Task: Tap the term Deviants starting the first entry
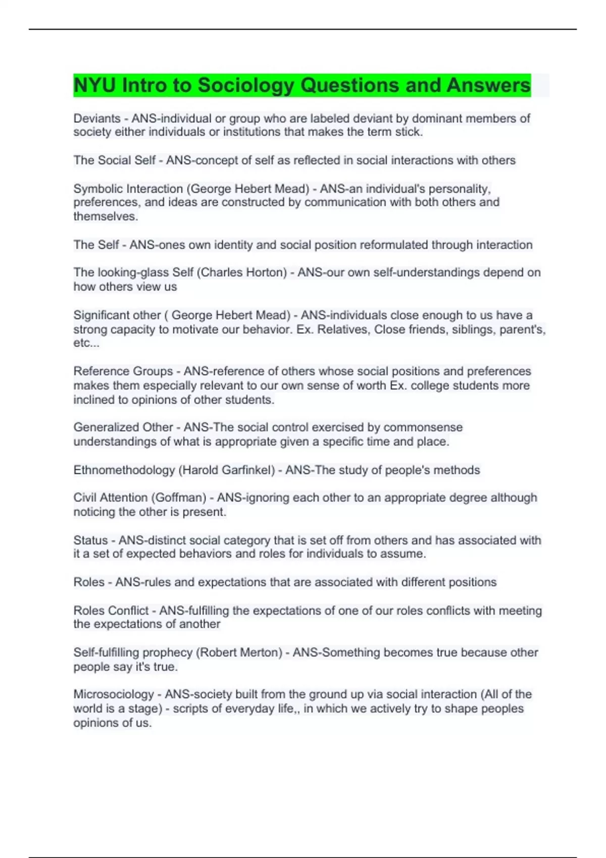pyautogui.click(x=97, y=119)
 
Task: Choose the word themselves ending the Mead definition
pyautogui.click(x=105, y=217)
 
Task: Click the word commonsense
pyautogui.click(x=423, y=427)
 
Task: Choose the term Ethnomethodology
pyautogui.click(x=124, y=470)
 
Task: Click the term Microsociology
pyautogui.click(x=114, y=694)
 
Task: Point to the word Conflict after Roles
pyautogui.click(x=129, y=611)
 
